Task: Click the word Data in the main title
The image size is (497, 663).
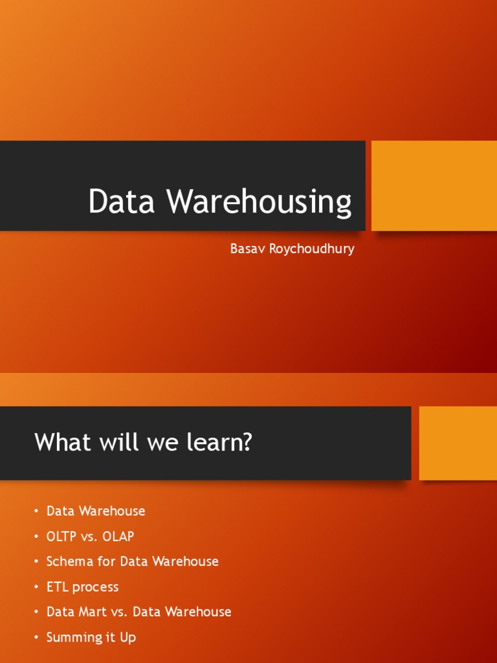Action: (x=121, y=201)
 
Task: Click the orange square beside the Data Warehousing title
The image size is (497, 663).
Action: (x=434, y=186)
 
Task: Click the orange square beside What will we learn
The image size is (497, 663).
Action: (x=458, y=443)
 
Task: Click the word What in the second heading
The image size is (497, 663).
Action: (x=63, y=442)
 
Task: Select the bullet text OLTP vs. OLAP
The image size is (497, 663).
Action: (x=90, y=536)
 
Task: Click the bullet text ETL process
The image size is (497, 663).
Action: (x=82, y=587)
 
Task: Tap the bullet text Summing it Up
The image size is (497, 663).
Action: (x=91, y=637)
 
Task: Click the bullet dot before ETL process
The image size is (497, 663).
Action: (x=37, y=587)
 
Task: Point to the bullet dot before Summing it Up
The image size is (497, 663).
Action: (x=37, y=638)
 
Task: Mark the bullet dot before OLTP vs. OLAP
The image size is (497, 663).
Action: (x=37, y=537)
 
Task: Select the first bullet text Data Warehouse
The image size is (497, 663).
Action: (x=96, y=511)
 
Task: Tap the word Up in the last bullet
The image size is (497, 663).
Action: (x=128, y=638)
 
